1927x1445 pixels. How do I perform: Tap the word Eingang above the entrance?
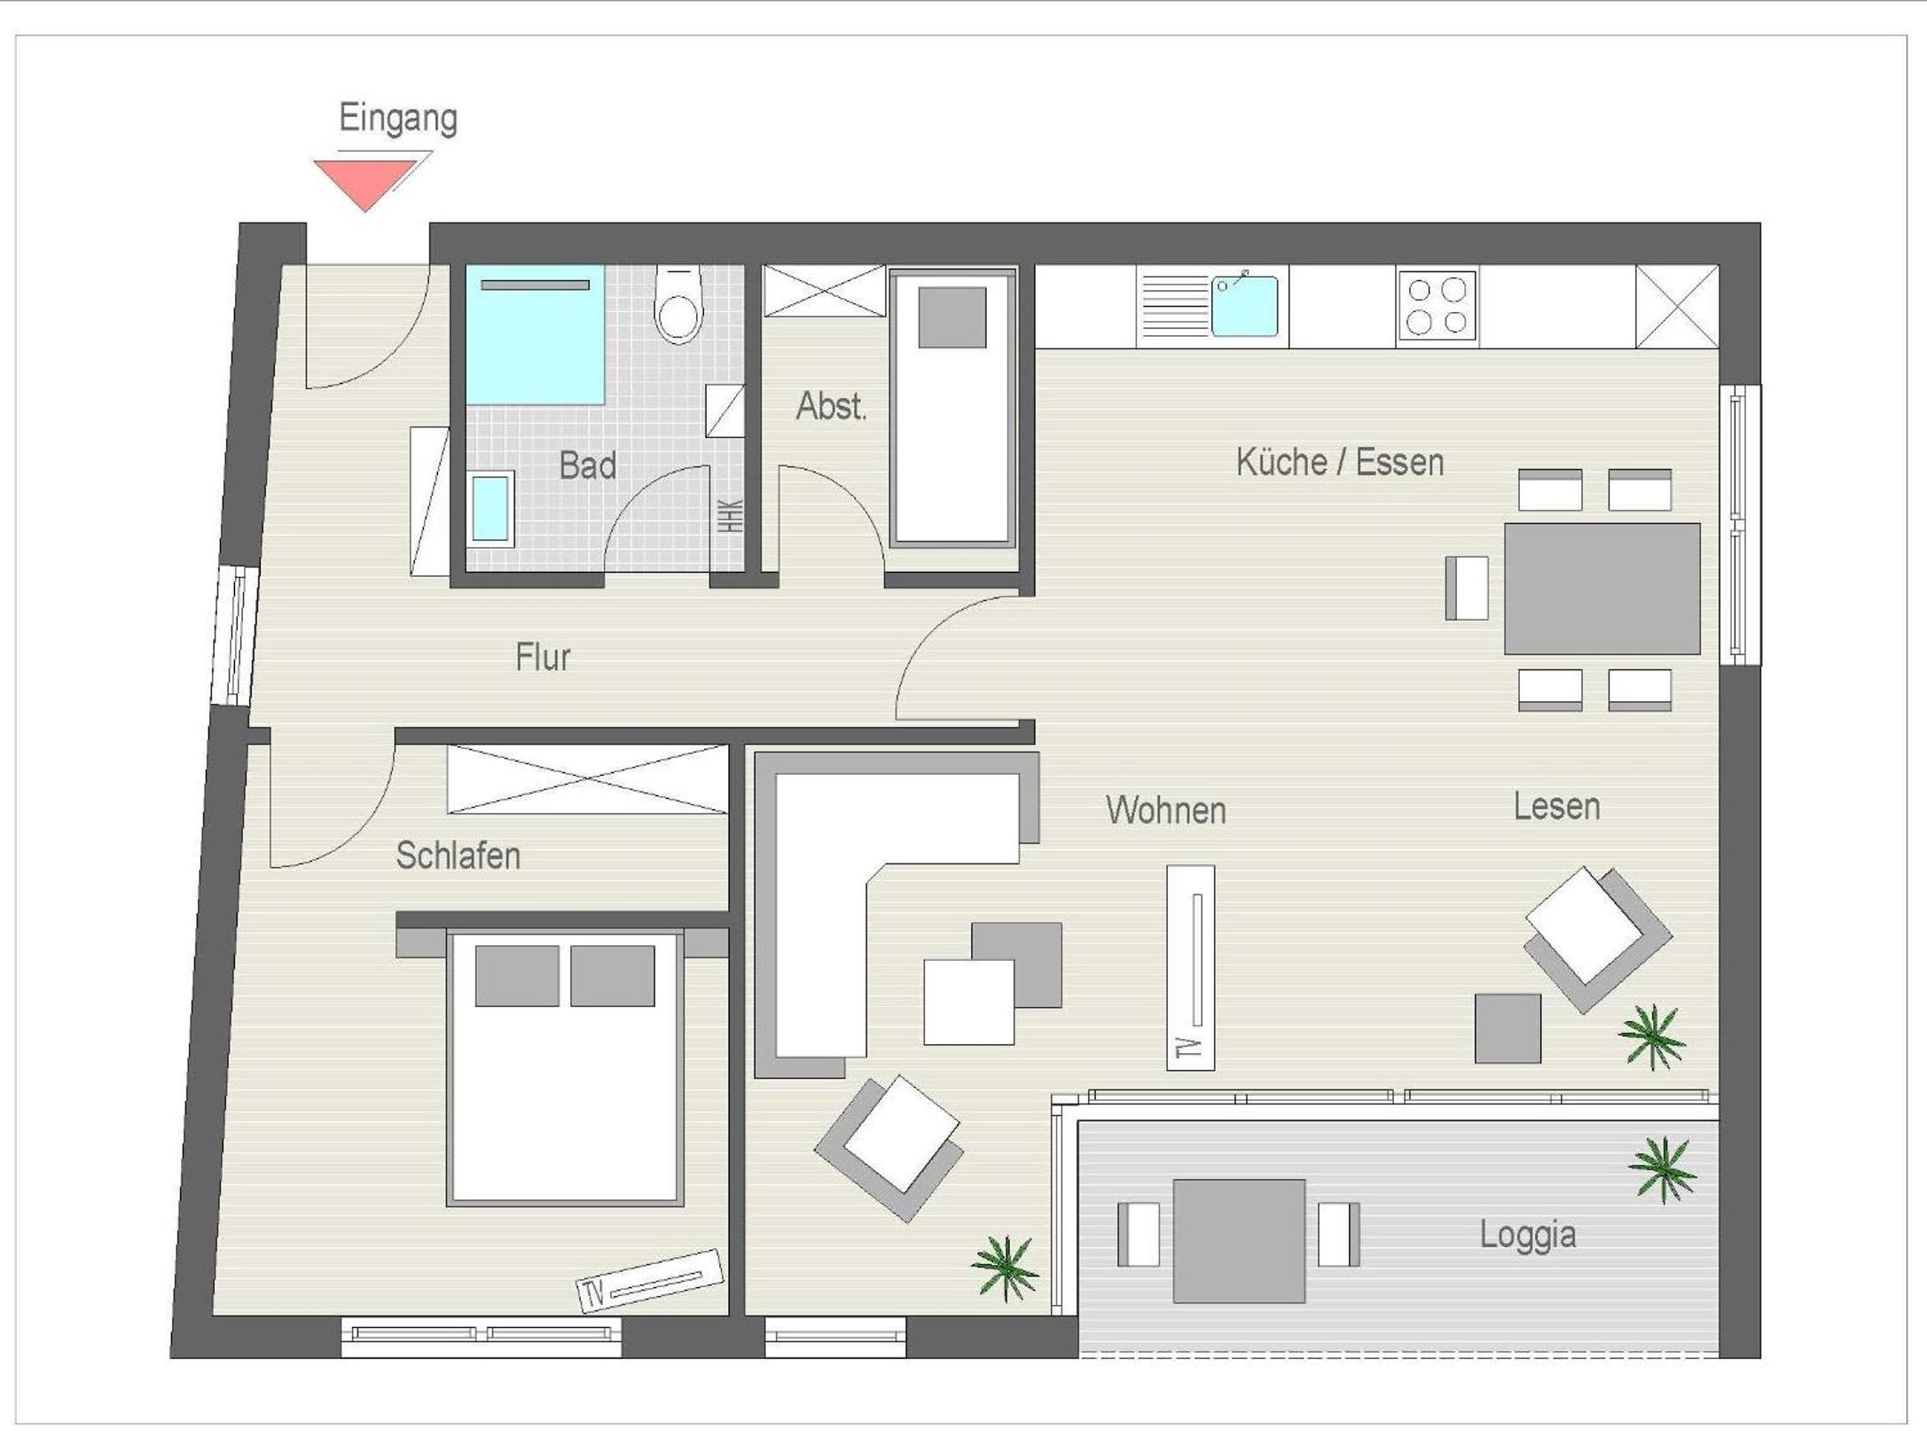(x=398, y=118)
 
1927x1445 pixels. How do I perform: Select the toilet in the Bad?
(x=678, y=304)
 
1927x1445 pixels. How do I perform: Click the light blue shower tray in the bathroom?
(x=536, y=334)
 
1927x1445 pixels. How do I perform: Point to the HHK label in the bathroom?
(x=730, y=516)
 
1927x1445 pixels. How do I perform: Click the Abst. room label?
(x=831, y=406)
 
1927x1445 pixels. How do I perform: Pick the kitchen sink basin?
(x=1245, y=306)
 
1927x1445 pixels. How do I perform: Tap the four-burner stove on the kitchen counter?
(x=1437, y=306)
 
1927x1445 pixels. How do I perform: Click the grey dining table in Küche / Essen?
(x=1602, y=589)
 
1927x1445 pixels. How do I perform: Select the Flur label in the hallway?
(x=543, y=657)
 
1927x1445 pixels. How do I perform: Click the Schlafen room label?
(x=458, y=855)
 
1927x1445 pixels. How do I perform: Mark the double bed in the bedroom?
(x=565, y=1067)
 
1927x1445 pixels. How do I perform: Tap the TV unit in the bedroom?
(x=649, y=1280)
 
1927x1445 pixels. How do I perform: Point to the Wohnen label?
(x=1165, y=810)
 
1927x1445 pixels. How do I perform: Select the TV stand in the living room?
(x=1190, y=967)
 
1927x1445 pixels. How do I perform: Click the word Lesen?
(x=1556, y=807)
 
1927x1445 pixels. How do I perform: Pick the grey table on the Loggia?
(x=1239, y=1241)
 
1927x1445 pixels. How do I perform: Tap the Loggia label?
(x=1527, y=1235)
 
